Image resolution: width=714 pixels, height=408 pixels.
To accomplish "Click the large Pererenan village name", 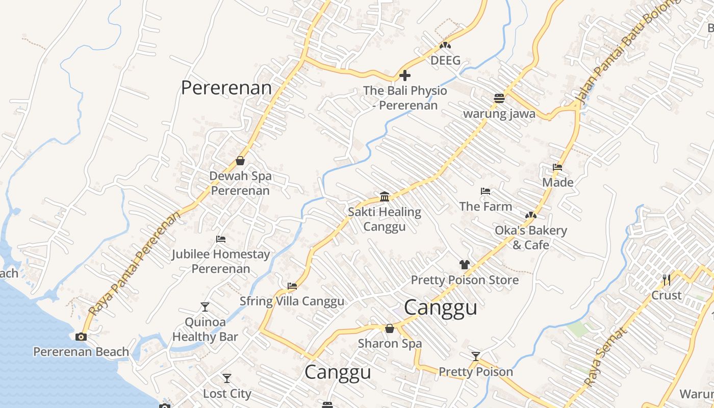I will click(x=226, y=88).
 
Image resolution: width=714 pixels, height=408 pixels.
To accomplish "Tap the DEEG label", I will click(x=445, y=61).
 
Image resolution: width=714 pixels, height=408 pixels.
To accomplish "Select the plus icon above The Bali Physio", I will click(x=405, y=76).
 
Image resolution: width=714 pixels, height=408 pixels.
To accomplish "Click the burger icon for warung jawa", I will click(x=499, y=98).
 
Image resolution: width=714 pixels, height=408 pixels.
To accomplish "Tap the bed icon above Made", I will click(x=557, y=167).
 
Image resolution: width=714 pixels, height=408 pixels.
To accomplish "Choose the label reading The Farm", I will click(x=486, y=207).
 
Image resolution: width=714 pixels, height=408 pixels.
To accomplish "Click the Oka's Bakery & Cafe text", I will click(x=531, y=238).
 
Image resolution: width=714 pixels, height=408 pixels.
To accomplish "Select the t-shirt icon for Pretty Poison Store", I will click(x=464, y=265).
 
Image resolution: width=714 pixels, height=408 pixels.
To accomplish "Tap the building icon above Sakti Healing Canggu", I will click(x=385, y=196).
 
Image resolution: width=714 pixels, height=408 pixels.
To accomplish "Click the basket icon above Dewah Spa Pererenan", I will click(x=240, y=161).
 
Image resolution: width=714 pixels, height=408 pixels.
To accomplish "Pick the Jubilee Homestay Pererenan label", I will click(x=221, y=261).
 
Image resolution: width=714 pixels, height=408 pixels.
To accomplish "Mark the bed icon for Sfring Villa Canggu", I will click(x=292, y=286).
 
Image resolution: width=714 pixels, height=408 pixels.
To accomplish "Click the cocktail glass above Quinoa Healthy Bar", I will click(x=205, y=307).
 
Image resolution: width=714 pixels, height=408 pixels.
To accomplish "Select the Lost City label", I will click(x=227, y=394).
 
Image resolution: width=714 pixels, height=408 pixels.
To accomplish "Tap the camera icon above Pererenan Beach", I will click(x=81, y=337).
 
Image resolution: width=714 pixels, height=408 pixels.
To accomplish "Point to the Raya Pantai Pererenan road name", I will click(x=135, y=264).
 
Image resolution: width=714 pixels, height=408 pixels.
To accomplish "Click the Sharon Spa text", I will click(x=390, y=343).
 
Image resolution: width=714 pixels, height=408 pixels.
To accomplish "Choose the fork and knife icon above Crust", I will click(x=667, y=280).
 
